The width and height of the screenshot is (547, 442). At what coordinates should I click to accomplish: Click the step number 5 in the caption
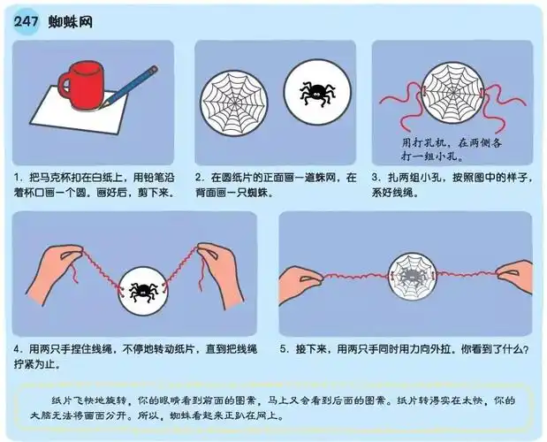[285, 349]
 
